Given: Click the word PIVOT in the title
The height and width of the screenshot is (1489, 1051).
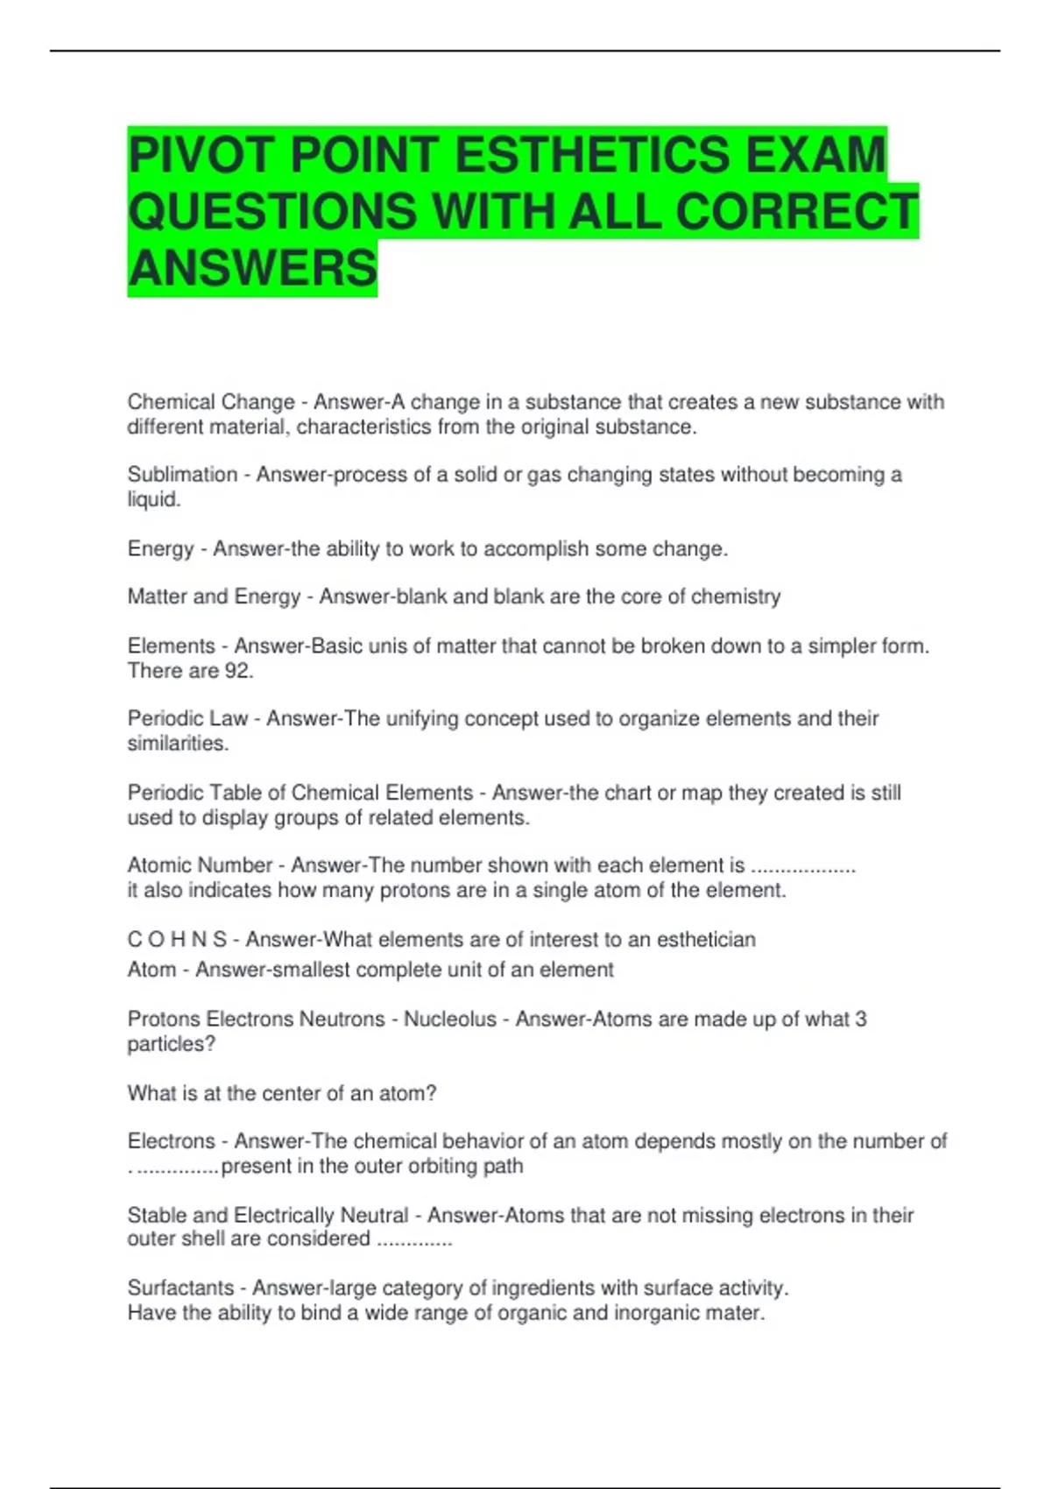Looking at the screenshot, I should point(202,155).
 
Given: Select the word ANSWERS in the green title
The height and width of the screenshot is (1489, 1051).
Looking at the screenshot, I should point(252,268).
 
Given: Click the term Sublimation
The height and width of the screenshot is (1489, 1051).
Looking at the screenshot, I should point(182,475).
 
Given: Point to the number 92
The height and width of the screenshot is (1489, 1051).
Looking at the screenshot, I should point(238,671).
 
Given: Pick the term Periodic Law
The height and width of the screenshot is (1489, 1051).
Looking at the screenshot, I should point(187,719).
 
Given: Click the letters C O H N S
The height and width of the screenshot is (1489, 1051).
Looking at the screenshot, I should point(177,940).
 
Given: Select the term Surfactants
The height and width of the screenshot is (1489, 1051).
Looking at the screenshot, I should point(180,1288).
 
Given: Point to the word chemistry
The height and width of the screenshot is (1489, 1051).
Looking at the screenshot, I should point(736,596).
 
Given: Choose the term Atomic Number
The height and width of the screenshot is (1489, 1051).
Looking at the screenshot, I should point(200,865).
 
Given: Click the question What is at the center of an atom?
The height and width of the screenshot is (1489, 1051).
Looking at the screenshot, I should point(281,1094).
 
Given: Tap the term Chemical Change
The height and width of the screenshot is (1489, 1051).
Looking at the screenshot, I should point(211,402).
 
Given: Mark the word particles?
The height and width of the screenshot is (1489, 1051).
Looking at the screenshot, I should point(171,1044).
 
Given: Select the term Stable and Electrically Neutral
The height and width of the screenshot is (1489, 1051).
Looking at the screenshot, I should point(268,1216).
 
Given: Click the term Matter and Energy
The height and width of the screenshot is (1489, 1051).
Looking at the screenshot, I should point(214,596).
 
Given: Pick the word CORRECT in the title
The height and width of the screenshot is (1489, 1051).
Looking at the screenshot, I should point(796,212).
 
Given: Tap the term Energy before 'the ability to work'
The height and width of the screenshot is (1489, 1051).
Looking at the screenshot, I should point(160,549).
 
